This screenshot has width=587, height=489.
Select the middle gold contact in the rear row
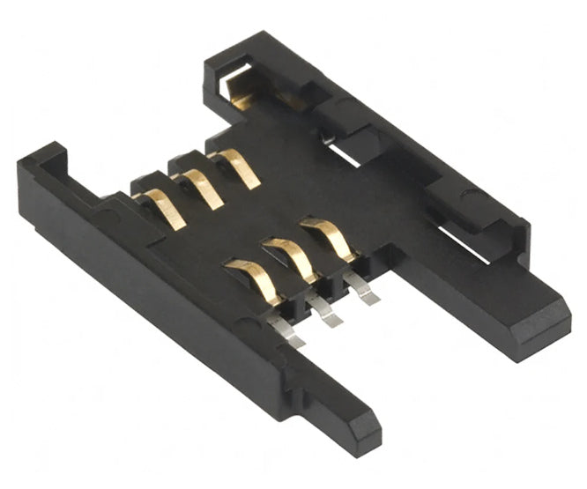[x=202, y=188]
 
